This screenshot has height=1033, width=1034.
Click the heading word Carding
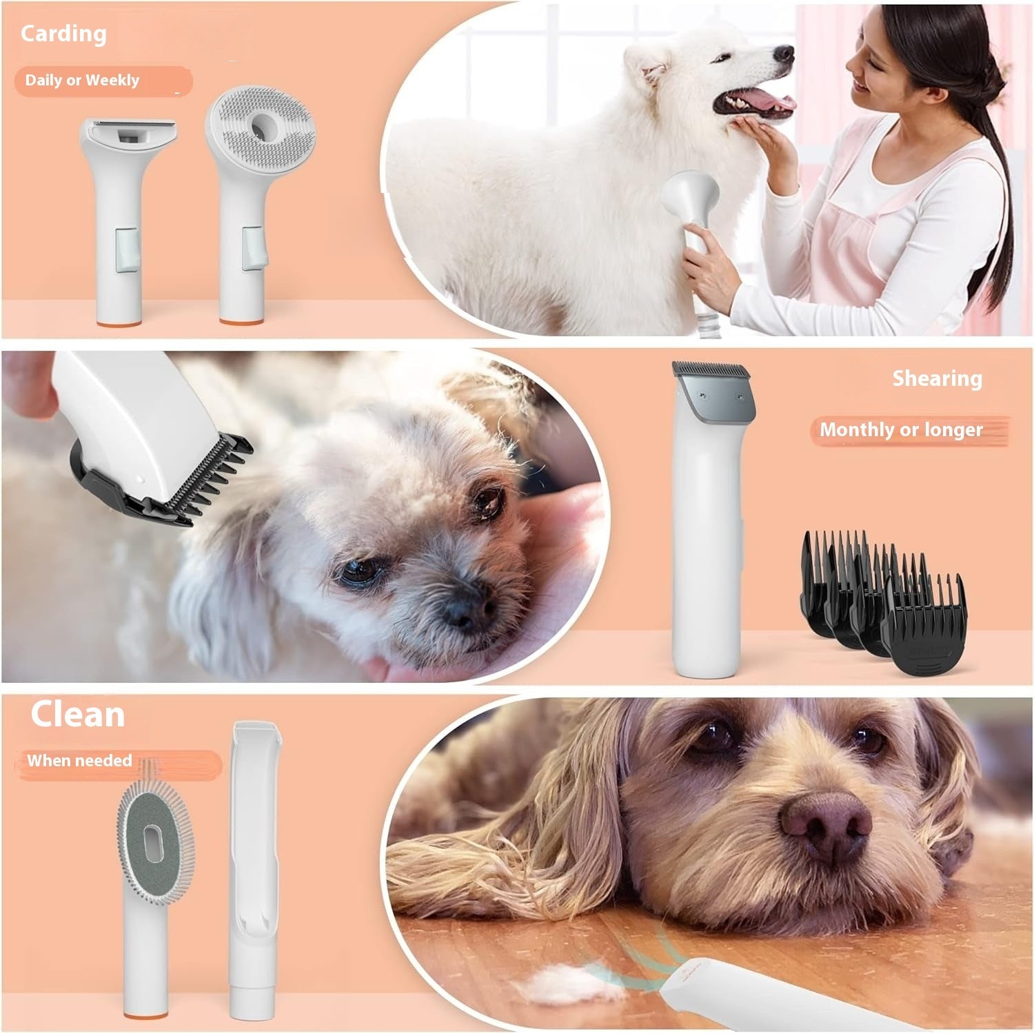63,34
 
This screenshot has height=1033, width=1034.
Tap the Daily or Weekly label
82,81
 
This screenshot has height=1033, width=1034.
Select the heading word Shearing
937,378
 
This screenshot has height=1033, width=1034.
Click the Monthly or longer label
901,430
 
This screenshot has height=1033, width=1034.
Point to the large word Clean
78,715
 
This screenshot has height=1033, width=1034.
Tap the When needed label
79,761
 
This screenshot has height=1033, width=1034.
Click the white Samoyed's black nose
784,54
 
